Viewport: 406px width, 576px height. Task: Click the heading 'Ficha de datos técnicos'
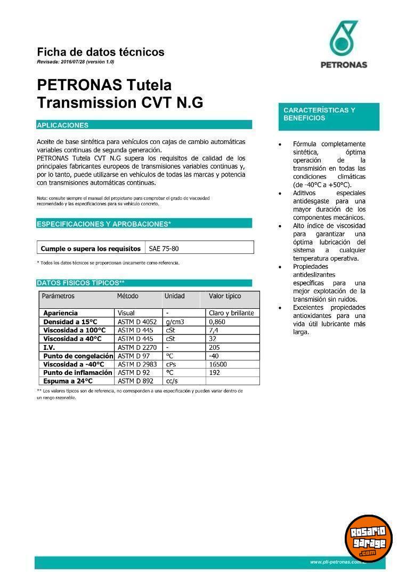click(x=101, y=52)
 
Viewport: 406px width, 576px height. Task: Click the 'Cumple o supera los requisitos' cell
click(x=91, y=249)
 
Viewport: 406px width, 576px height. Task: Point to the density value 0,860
click(x=217, y=322)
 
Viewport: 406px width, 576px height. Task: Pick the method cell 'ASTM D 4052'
click(x=137, y=322)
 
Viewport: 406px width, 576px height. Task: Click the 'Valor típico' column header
click(x=225, y=296)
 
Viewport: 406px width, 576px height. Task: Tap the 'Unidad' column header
click(x=175, y=296)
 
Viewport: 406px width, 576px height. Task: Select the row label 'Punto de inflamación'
click(x=78, y=373)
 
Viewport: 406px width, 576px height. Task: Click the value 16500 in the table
click(x=218, y=364)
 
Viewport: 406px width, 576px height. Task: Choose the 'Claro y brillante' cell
click(x=231, y=313)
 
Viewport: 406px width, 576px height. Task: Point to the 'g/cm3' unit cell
click(x=175, y=322)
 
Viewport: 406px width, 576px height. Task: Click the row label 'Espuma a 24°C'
click(x=68, y=381)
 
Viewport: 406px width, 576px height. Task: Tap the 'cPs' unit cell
click(x=171, y=364)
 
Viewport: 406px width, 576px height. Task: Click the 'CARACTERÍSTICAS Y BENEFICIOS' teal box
click(x=329, y=116)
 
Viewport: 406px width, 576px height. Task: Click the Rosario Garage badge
click(x=368, y=538)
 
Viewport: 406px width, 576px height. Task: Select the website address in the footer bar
click(x=338, y=562)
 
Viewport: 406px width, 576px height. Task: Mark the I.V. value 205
click(x=215, y=347)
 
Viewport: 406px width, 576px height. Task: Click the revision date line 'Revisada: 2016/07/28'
click(x=76, y=62)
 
